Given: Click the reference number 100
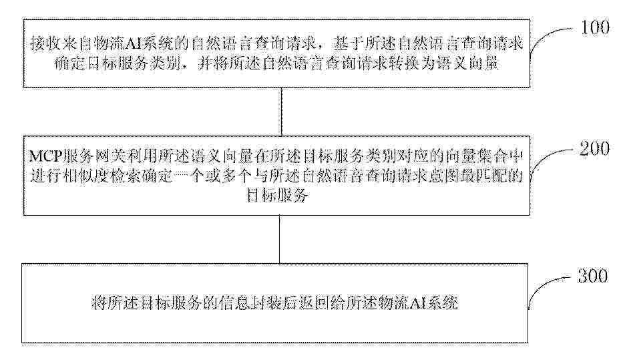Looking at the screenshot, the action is pyautogui.click(x=595, y=27).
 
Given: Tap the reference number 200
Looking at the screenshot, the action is pyautogui.click(x=594, y=148).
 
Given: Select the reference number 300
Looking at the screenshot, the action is pyautogui.click(x=593, y=276).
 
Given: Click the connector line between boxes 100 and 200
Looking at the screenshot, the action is pyautogui.click(x=282, y=112).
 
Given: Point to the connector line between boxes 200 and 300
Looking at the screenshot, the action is pyautogui.click(x=280, y=239).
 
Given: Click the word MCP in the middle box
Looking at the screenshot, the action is pyautogui.click(x=46, y=157).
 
